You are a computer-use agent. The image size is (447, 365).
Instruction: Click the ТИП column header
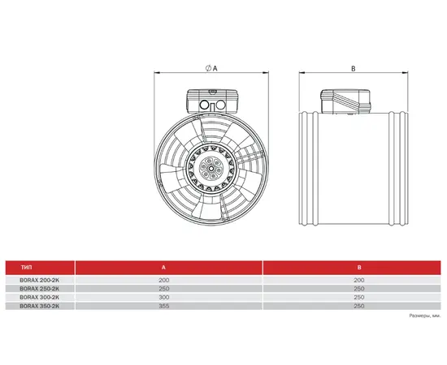pos(27,268)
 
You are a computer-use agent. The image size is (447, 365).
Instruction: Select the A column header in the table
pos(163,268)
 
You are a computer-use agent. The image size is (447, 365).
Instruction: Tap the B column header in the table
pos(359,268)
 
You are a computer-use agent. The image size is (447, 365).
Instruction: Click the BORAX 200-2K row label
pos(40,280)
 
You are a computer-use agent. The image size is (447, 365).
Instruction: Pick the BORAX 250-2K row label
pos(40,289)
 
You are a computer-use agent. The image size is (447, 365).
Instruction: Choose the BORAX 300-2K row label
pos(40,298)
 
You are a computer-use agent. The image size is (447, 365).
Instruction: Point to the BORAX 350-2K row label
pos(40,306)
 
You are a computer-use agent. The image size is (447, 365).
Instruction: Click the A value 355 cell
pos(164,306)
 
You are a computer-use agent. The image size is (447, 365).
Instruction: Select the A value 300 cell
pos(164,298)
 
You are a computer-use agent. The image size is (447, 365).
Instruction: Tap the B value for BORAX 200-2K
pos(359,280)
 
